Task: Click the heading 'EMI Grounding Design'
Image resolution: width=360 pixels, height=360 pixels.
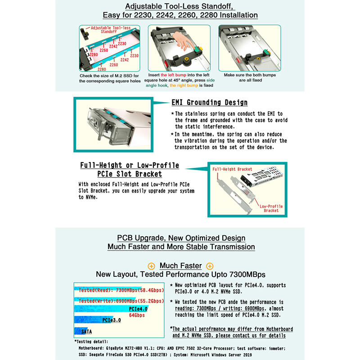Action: click(x=209, y=103)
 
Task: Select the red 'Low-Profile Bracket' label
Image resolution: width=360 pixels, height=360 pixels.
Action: click(x=271, y=208)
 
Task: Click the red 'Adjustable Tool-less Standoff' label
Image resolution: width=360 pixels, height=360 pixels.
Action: click(x=108, y=30)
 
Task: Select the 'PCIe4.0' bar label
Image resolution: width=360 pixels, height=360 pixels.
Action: click(x=138, y=309)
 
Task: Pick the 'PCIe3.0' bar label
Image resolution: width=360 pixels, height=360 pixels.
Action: click(x=112, y=320)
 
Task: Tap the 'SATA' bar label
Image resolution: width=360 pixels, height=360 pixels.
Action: click(x=87, y=332)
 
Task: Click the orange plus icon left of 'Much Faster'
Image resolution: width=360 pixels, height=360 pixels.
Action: click(x=151, y=266)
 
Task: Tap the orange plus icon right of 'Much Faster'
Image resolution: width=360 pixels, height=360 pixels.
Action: click(x=210, y=266)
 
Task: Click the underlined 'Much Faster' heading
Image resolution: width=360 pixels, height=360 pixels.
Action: click(x=180, y=266)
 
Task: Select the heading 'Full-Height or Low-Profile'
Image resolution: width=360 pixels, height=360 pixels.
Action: click(x=130, y=166)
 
